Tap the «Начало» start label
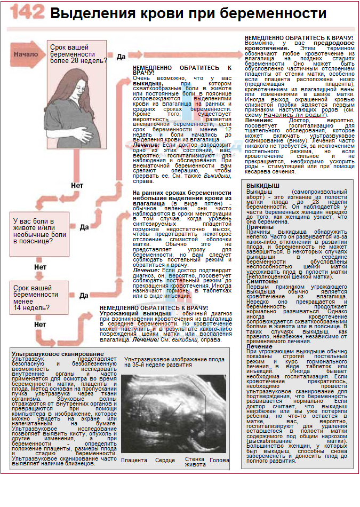25,54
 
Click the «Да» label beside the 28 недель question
121,56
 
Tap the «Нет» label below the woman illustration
77,186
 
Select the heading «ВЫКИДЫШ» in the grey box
262,185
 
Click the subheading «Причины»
260,227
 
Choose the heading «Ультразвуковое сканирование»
58,354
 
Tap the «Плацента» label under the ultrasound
134,460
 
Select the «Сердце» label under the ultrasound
165,460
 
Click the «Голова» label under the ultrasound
220,460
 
